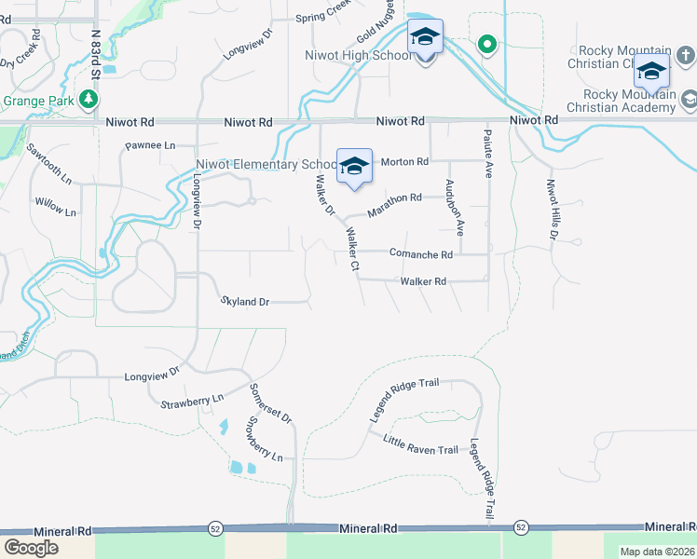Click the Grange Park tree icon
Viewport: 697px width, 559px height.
[89, 99]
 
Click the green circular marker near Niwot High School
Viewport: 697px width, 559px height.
[485, 44]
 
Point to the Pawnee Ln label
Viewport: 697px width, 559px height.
[151, 146]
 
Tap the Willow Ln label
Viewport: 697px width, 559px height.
[56, 206]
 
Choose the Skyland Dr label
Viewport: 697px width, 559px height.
[245, 302]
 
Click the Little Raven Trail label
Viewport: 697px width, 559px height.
[420, 444]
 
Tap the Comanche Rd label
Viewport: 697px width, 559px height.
[420, 253]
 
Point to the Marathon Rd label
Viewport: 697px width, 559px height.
[394, 205]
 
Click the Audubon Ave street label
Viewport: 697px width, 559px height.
[455, 207]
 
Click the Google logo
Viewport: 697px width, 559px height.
[31, 548]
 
